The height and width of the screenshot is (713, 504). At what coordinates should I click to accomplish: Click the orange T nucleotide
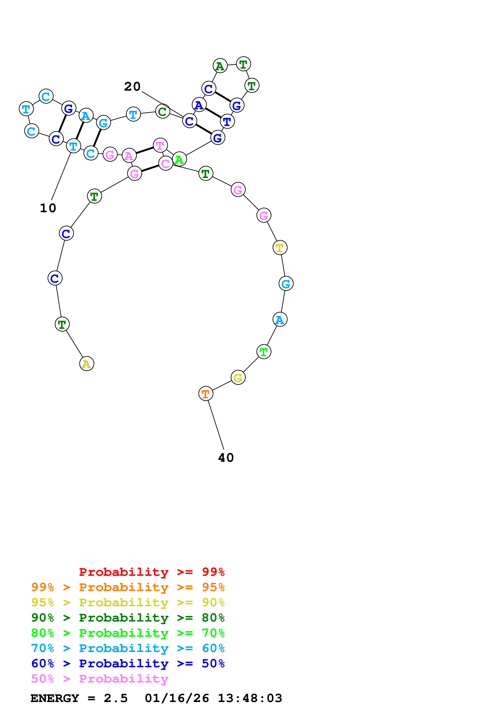pyautogui.click(x=206, y=394)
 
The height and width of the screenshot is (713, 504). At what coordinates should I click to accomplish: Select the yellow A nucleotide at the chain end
pyautogui.click(x=87, y=364)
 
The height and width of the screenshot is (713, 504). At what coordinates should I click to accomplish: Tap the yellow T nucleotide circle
pyautogui.click(x=280, y=248)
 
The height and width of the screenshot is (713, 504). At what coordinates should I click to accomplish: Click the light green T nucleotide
pyautogui.click(x=264, y=352)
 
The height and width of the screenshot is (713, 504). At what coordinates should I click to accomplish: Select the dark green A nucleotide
pyautogui.click(x=220, y=66)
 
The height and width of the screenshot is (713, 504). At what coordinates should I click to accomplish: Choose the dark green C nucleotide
pyautogui.click(x=162, y=111)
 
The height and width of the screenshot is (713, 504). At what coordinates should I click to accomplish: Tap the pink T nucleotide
pyautogui.click(x=160, y=145)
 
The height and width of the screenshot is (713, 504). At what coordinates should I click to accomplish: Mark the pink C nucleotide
pyautogui.click(x=165, y=163)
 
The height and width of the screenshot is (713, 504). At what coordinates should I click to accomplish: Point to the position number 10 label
pyautogui.click(x=48, y=208)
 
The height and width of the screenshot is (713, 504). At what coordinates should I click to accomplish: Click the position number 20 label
pyautogui.click(x=132, y=87)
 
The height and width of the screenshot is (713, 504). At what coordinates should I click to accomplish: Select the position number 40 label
pyautogui.click(x=226, y=458)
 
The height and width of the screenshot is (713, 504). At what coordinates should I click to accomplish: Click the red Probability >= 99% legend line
pyautogui.click(x=151, y=572)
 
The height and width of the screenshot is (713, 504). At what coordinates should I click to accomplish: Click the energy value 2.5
pyautogui.click(x=115, y=698)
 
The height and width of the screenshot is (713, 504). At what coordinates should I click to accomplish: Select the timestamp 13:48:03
pyautogui.click(x=250, y=698)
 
